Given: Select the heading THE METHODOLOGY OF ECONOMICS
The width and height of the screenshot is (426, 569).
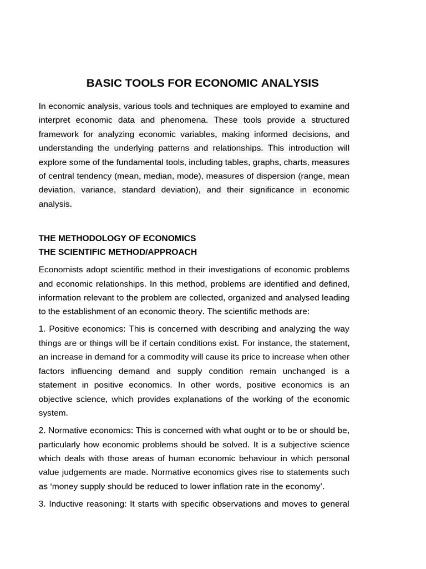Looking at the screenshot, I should (x=117, y=238).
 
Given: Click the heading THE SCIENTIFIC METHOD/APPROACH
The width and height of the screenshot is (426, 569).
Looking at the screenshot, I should (x=118, y=252).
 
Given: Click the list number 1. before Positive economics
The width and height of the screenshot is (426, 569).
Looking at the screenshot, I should (x=42, y=329).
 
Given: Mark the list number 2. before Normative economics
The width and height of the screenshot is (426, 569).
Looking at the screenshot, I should (x=42, y=430).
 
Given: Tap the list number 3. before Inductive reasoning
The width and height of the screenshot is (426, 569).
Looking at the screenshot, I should (x=42, y=504).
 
